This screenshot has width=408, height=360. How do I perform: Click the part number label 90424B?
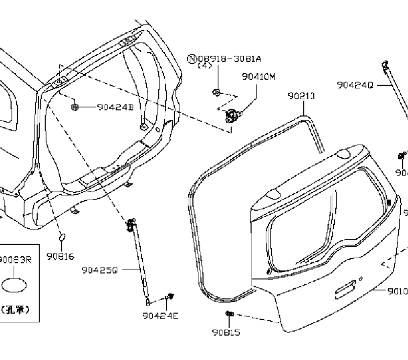pos(116,108)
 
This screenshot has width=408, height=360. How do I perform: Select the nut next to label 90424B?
pos(75,107)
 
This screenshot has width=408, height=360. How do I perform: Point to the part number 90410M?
pos(258,76)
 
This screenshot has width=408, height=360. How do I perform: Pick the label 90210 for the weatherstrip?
pos(301,96)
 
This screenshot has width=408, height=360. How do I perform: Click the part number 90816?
pos(60,256)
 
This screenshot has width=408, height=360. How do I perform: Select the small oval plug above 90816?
pos(62,237)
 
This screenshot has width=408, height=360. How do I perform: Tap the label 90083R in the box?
pos(15,259)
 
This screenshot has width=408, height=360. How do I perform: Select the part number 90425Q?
pos(99,270)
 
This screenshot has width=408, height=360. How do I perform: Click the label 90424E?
pos(160,315)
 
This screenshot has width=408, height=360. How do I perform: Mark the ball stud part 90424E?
pos(169,297)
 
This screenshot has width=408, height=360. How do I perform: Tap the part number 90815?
pos(226,332)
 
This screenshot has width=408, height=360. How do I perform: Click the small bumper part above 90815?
pos(229,313)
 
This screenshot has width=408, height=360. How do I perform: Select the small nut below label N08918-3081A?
pos(216,92)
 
